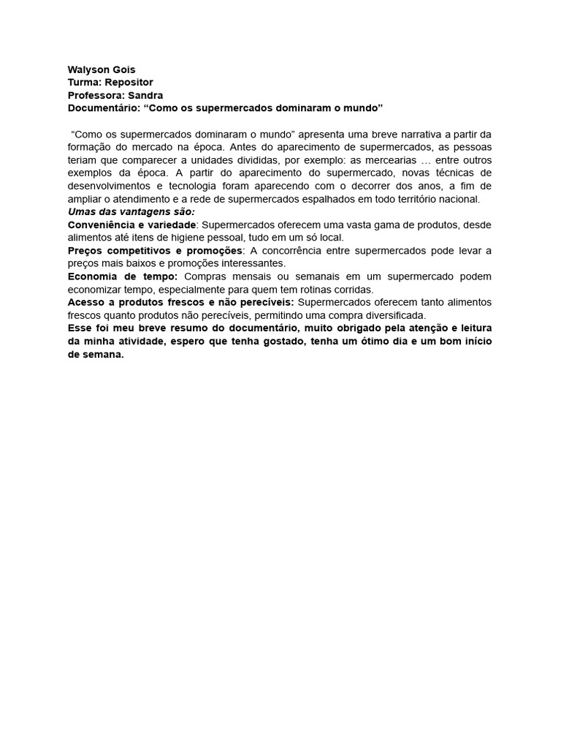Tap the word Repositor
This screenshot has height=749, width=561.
128,83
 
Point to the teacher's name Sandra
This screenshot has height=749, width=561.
145,95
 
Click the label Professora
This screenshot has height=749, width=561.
96,95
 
